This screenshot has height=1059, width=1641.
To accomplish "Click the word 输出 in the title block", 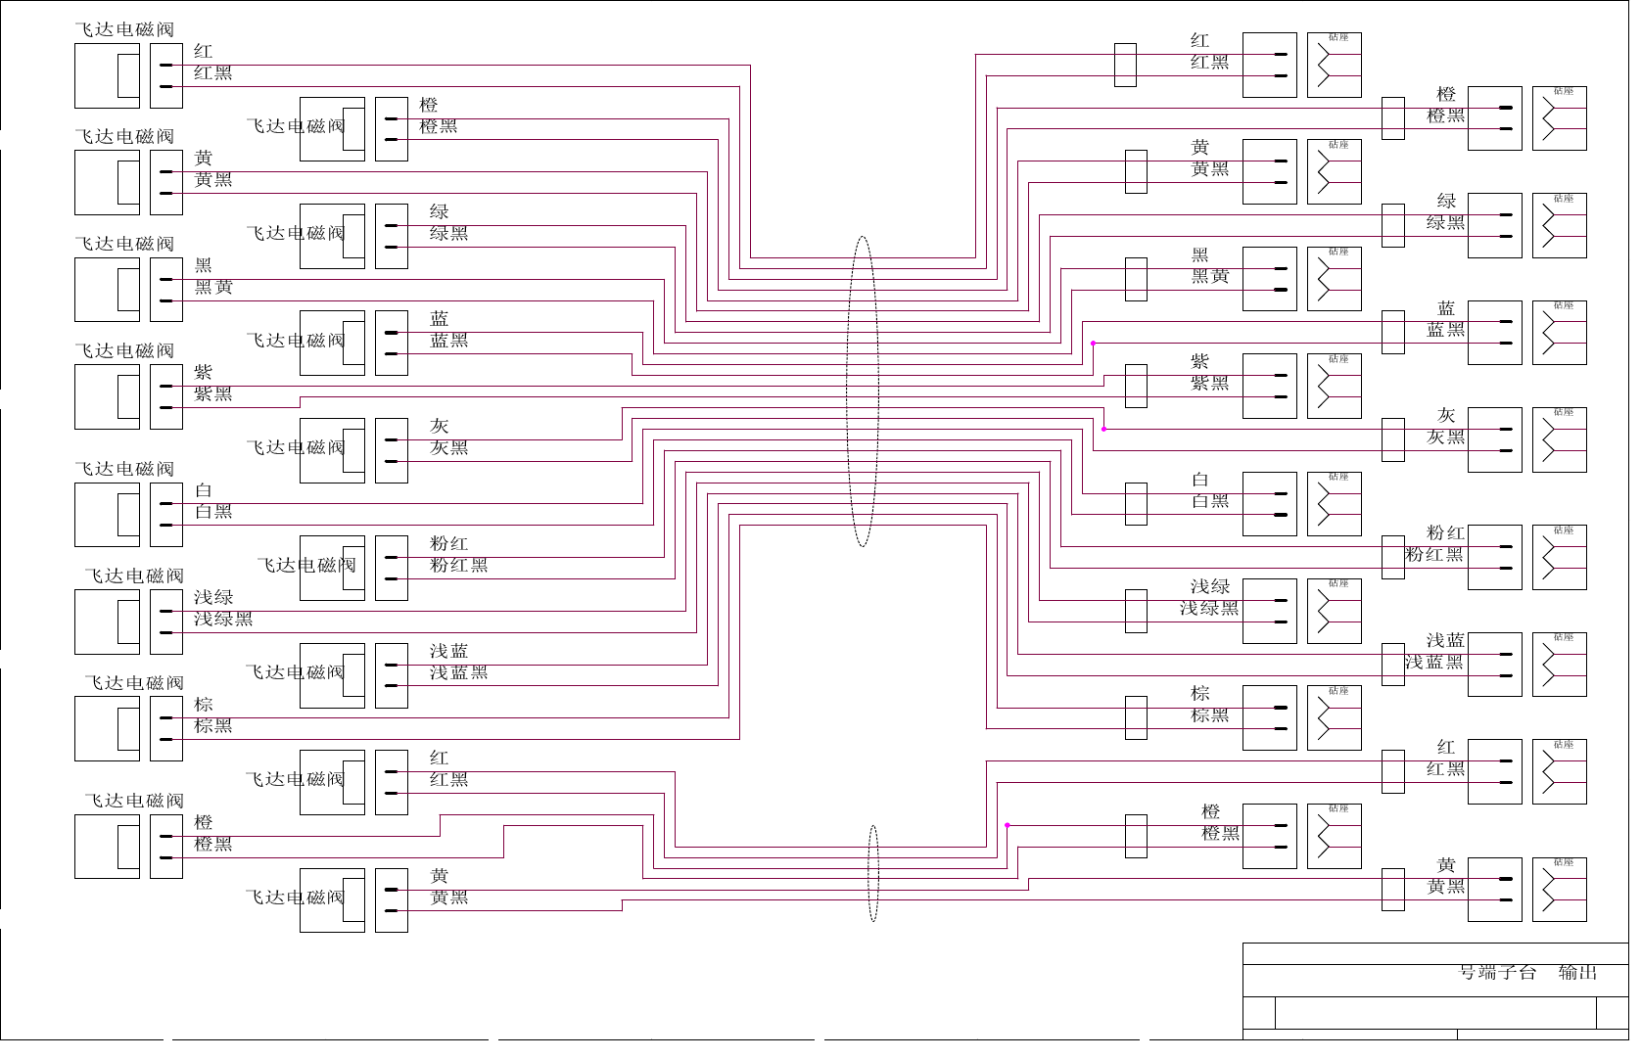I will coord(1577,972).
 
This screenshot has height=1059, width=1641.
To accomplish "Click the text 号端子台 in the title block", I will coord(1497,972).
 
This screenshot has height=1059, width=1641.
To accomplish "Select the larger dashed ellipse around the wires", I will coord(862,391).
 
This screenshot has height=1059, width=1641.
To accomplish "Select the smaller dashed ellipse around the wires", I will coord(873,873).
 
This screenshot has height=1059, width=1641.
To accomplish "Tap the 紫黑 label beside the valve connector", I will coord(212,393).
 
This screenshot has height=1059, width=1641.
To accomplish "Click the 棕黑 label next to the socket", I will coord(1210,715).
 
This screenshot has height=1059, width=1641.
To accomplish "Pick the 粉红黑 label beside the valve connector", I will coord(458,565).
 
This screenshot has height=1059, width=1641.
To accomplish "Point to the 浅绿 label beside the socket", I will coord(1210,586).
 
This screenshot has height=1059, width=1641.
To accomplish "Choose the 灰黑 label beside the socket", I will coord(1445,437).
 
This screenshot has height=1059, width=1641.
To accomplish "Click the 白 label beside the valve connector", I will coord(203,489).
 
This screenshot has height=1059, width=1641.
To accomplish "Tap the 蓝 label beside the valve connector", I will coord(439,318).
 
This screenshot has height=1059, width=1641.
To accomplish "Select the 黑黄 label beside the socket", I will coord(1210,276).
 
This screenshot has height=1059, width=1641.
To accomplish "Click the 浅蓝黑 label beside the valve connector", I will coord(458,672).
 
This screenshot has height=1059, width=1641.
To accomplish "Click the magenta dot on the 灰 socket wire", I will coord(1104,429).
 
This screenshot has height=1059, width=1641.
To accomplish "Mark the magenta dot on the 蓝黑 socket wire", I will coord(1093,344).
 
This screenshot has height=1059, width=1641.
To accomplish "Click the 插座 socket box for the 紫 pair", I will coord(1334,386).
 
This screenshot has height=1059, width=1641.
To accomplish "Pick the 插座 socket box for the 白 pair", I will coord(1334,504).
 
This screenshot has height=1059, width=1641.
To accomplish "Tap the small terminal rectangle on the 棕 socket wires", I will coord(1136,717).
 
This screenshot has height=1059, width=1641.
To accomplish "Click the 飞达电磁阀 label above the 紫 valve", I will coord(124,350).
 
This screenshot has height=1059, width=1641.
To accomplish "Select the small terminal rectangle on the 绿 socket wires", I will coord(1393,225).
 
